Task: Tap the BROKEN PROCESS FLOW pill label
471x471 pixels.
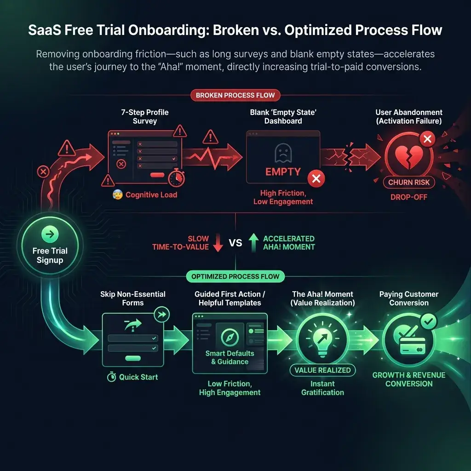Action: pos(235,95)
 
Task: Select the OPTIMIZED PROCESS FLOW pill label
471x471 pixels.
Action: pos(235,276)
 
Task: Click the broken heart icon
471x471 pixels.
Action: pos(408,156)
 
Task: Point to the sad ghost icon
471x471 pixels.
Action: pos(283,153)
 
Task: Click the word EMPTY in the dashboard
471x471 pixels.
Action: pos(283,172)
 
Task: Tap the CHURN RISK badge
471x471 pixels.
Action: pos(409,182)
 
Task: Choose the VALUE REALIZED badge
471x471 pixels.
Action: pos(322,370)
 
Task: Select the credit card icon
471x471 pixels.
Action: pos(413,346)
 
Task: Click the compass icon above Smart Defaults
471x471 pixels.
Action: pos(230,337)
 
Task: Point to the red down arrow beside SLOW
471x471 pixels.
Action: pos(218,243)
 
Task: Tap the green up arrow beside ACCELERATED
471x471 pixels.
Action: pos(253,243)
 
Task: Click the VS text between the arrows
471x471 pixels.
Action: pos(235,243)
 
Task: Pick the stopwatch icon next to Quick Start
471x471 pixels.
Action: pos(111,377)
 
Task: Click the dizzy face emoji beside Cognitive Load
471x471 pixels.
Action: pos(117,195)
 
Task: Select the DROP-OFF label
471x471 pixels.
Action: pos(409,197)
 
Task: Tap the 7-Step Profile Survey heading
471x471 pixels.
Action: pos(145,116)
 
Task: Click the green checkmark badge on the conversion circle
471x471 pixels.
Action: pos(429,321)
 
